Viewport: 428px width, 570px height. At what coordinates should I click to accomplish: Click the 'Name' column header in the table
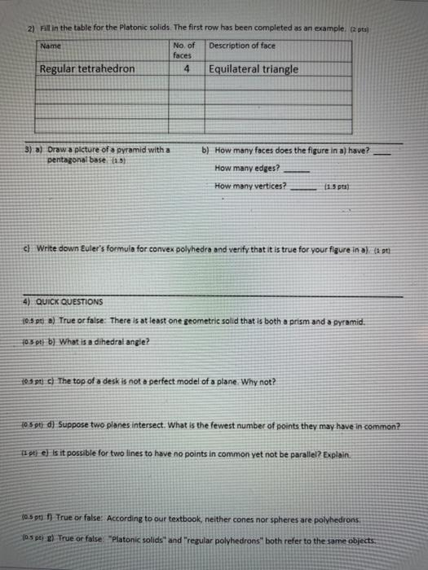[51, 46]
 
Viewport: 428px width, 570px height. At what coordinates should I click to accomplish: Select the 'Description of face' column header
[241, 45]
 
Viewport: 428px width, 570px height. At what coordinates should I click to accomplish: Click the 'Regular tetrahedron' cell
[88, 69]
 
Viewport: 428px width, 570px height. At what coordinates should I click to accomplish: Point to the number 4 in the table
[188, 70]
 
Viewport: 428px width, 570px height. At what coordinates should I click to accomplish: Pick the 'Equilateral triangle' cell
[254, 69]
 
